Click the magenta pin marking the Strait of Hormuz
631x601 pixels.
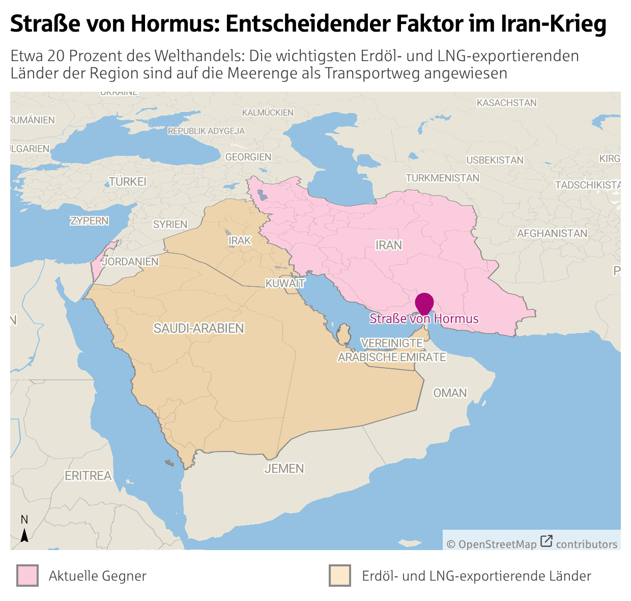pos(424,303)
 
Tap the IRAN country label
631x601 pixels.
pos(389,245)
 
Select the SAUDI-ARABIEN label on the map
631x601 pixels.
pos(199,329)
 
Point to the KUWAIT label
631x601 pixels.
pos(285,283)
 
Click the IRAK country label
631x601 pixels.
pos(240,240)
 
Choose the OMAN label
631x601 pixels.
pos(450,393)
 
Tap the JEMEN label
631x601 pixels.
pos(284,469)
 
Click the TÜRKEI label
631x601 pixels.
pos(128,182)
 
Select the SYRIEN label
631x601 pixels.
pos(170,225)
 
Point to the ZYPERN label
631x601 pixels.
pos(90,221)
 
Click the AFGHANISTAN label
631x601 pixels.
pos(552,234)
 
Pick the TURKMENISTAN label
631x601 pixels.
pos(442,178)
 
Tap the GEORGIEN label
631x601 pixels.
pos(248,157)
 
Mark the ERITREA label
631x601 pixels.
pos(88,476)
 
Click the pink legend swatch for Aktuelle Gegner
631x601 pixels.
pos(27,576)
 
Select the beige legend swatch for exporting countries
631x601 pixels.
pos(339,576)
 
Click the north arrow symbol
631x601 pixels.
pos(24,535)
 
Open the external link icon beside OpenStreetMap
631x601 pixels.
pos(546,541)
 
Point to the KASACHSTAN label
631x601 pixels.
pos(506,103)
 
